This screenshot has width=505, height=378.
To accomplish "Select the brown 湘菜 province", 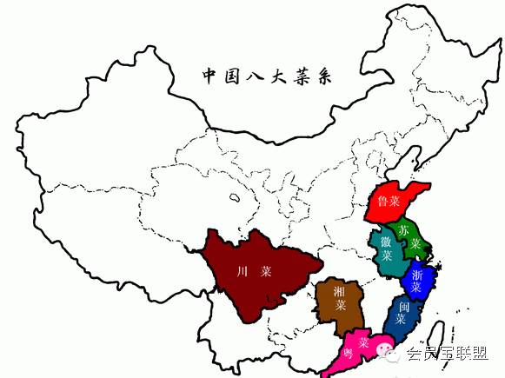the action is tap(335, 304).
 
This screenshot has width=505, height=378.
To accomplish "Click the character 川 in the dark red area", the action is tap(240, 271).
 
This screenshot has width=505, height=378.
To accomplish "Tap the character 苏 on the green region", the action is tap(403, 229).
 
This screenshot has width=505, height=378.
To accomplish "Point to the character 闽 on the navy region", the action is tap(402, 306).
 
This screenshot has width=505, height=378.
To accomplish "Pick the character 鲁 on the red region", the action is tap(383, 202).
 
